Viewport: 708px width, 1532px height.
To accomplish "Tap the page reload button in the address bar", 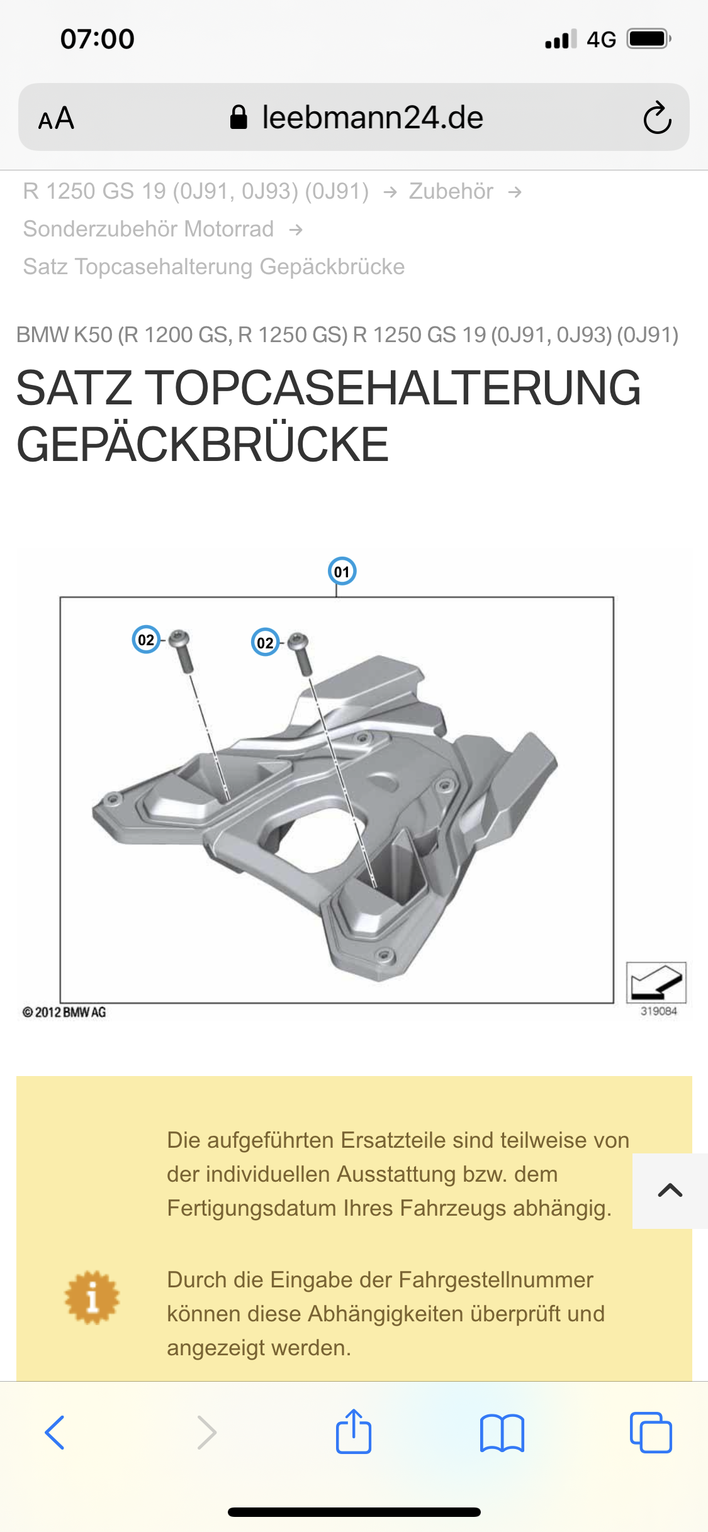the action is coord(657,118).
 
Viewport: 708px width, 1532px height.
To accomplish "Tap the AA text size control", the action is coord(56,118).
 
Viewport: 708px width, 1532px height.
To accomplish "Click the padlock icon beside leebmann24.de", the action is coord(239,117).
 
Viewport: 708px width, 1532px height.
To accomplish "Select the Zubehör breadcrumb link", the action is coord(451,191).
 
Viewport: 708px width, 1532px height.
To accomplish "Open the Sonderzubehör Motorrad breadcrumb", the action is coord(149,229).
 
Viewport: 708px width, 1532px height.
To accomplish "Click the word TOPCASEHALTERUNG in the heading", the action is coord(393,388).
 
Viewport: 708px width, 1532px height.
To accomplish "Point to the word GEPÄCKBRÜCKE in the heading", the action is coord(203,444).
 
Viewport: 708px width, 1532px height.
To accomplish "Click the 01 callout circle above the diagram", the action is coord(342,571).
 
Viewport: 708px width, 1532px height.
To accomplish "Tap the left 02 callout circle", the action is coord(146,640).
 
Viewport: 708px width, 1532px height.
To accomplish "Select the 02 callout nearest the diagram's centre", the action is coord(265,642).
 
